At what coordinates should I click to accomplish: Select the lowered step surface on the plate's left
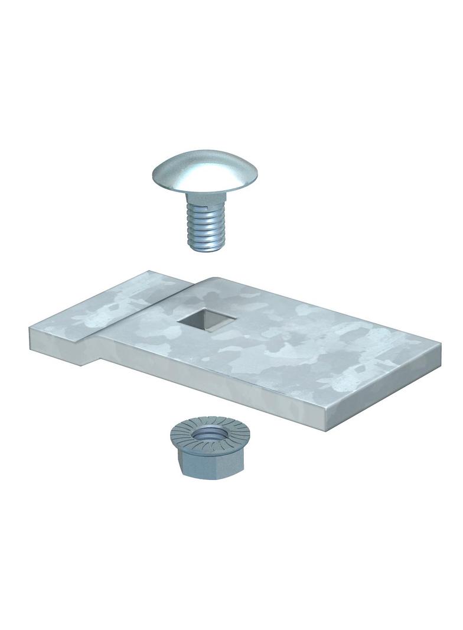pyautogui.click(x=106, y=310)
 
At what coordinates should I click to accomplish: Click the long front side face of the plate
pyautogui.click(x=207, y=378)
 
